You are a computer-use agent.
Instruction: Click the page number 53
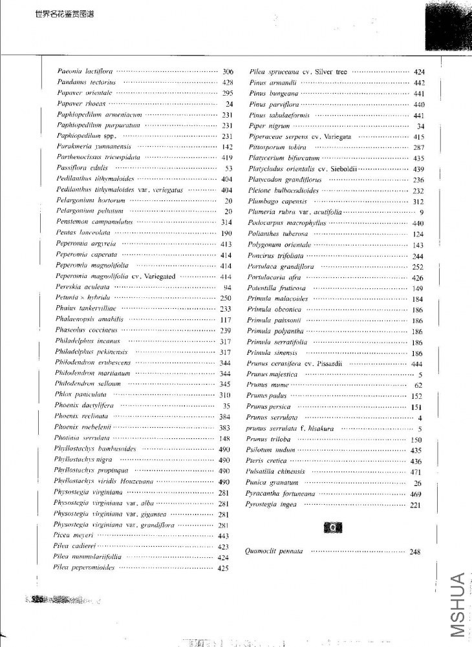click(228, 168)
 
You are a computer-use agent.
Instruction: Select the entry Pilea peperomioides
click(84, 567)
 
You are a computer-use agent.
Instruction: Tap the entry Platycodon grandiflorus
click(282, 180)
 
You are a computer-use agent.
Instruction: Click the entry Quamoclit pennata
click(274, 551)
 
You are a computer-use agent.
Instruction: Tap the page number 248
click(415, 551)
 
